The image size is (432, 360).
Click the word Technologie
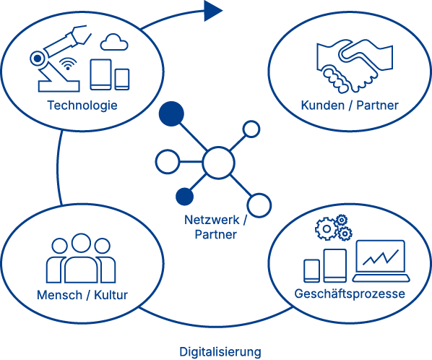pos(82,106)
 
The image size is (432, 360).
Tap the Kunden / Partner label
pos(350,106)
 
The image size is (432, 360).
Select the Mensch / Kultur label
pos(82,295)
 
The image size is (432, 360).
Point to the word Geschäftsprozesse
pos(350,293)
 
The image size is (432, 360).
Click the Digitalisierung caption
pos(220,352)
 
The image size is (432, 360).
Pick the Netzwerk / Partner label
pos(216,227)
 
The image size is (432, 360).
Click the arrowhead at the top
pos(213,11)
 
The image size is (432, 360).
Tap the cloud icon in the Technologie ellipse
pos(114,42)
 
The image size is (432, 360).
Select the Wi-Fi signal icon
pos(68,64)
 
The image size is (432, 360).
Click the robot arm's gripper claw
pos(80,35)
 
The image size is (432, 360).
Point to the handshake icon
pos(355,66)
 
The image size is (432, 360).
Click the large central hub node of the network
pos(218,163)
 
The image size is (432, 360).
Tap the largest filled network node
pos(171,113)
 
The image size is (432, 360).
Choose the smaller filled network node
pos(185,197)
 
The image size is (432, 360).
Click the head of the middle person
pos(81,243)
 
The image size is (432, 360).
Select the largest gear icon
pos(327,228)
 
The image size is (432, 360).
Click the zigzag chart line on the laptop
pos(381,257)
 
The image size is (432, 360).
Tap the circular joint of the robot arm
pos(37,58)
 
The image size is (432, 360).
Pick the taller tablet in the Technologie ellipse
pos(101,74)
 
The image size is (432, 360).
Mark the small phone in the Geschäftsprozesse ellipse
pos(312,270)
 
